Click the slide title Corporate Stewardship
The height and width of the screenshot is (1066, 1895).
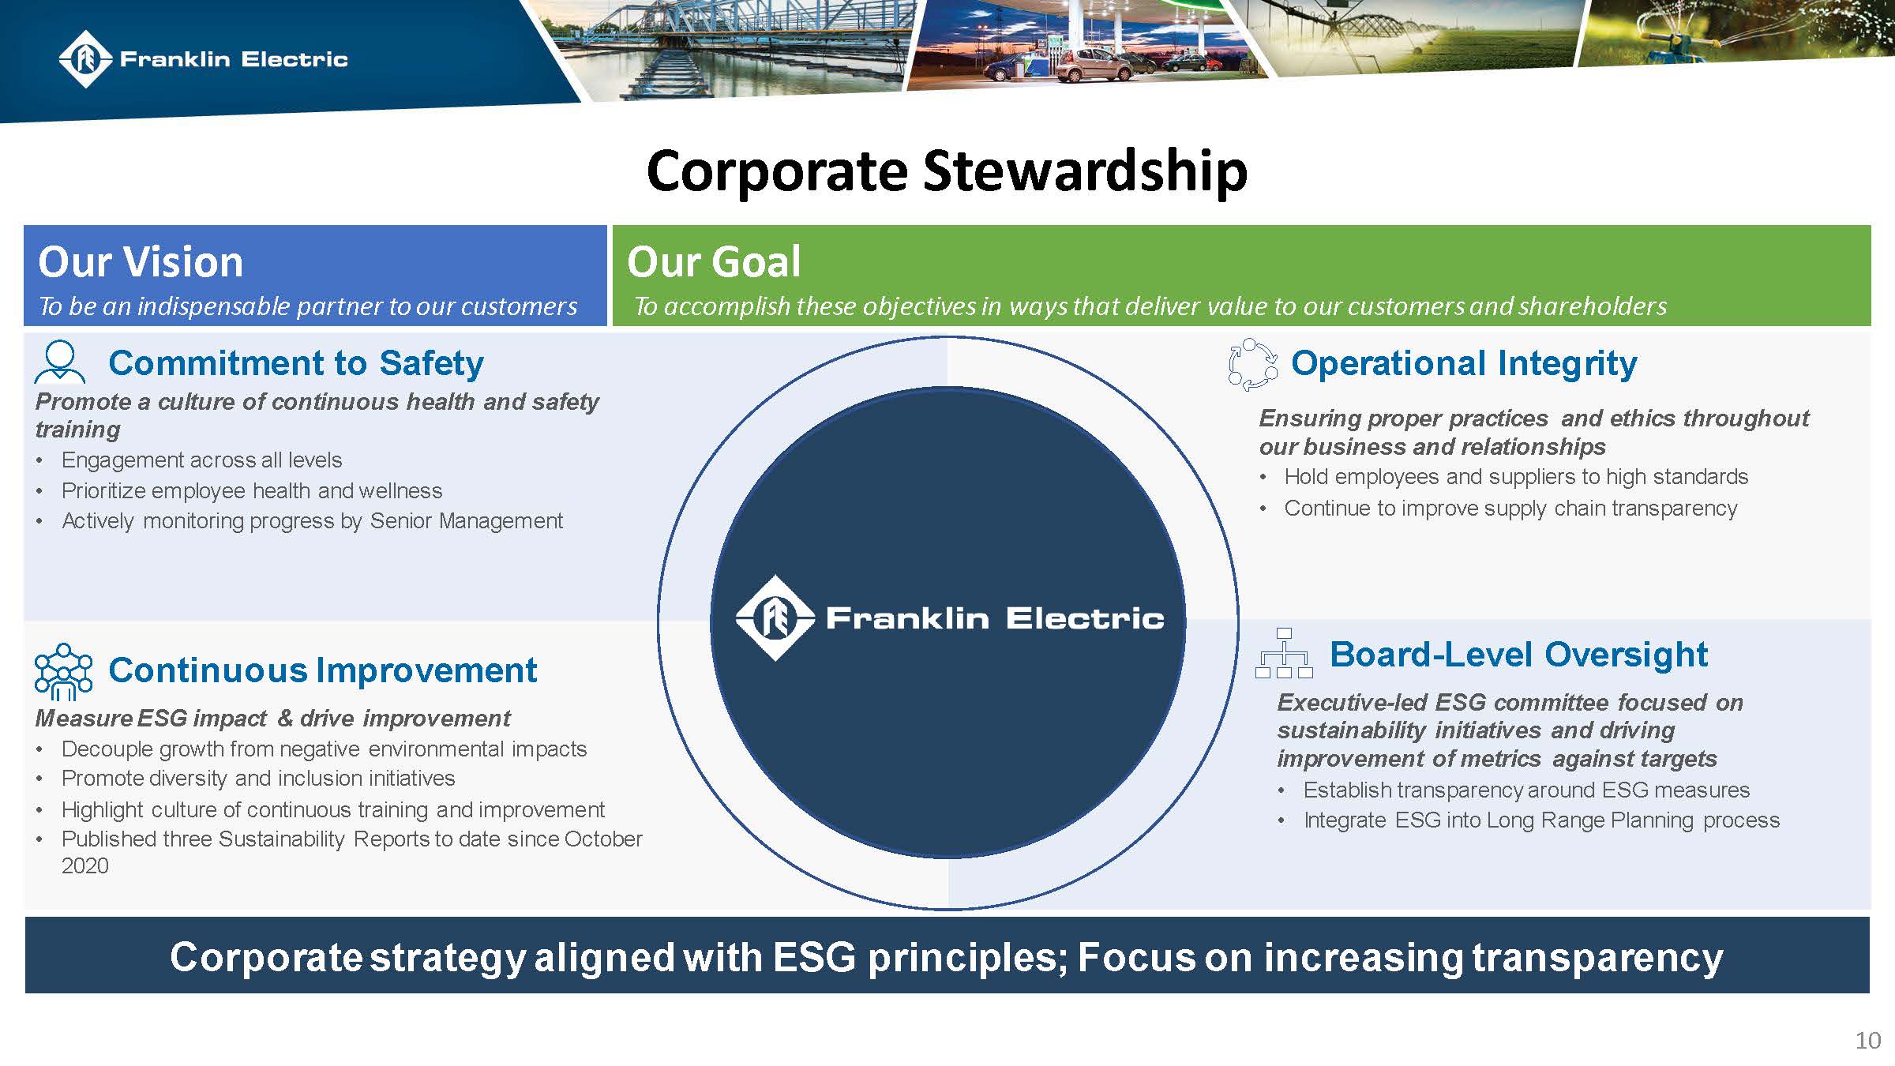(947, 170)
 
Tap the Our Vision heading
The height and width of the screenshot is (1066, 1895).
(141, 262)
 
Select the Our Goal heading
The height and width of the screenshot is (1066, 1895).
(713, 262)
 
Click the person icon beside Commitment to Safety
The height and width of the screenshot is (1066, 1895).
(60, 362)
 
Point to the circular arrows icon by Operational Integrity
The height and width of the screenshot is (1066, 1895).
(1253, 364)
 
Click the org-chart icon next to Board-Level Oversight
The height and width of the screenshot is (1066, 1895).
(1284, 654)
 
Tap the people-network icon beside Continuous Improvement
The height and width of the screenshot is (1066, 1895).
(63, 671)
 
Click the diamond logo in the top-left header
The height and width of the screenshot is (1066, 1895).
(85, 59)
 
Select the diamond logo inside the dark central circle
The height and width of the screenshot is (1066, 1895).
(775, 618)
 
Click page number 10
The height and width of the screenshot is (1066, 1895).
(1867, 1041)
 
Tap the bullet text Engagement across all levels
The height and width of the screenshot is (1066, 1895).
(202, 460)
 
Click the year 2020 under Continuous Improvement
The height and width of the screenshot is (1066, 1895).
(84, 866)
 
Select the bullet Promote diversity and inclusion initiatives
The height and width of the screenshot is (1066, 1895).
(258, 779)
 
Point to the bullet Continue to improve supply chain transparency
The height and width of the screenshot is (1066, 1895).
(1510, 509)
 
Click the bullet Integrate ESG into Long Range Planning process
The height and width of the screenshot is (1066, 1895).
(1541, 820)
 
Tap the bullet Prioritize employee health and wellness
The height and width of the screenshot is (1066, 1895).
(252, 491)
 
